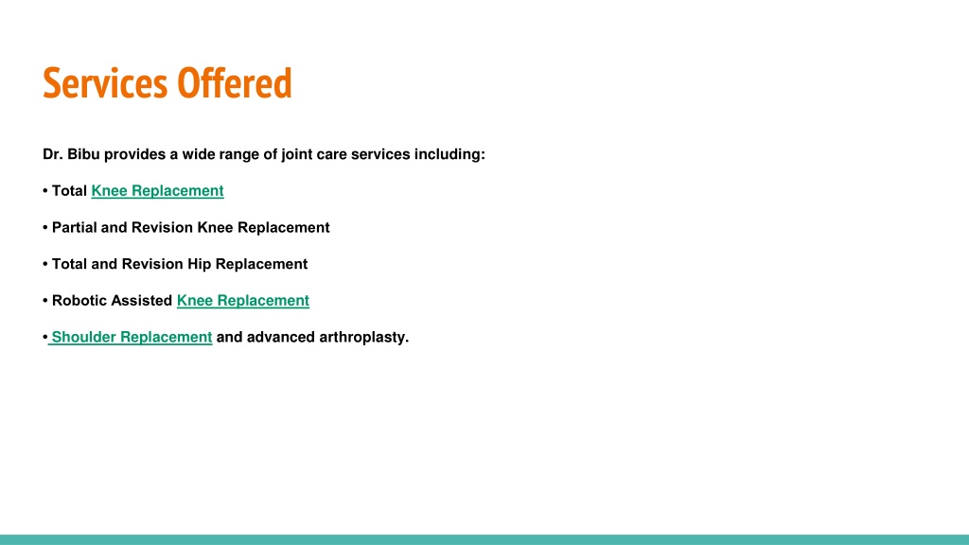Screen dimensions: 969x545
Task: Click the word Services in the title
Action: tap(104, 83)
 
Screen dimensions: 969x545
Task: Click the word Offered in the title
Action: tap(235, 82)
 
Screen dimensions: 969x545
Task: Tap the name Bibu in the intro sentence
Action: tap(83, 154)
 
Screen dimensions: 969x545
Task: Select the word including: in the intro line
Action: tap(449, 154)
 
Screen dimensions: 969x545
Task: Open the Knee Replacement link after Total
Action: tap(158, 191)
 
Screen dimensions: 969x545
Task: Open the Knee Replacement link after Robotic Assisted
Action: tap(243, 301)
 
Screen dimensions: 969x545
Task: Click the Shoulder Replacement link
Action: tap(132, 338)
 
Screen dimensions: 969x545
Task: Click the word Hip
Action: tap(199, 265)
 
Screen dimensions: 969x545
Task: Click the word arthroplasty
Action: tap(363, 338)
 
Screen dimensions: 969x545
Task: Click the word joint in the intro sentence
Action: tap(296, 154)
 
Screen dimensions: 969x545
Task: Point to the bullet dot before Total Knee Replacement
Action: tap(45, 191)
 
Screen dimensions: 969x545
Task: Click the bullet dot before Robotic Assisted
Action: tap(45, 301)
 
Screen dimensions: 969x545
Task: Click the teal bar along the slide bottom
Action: tap(484, 539)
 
